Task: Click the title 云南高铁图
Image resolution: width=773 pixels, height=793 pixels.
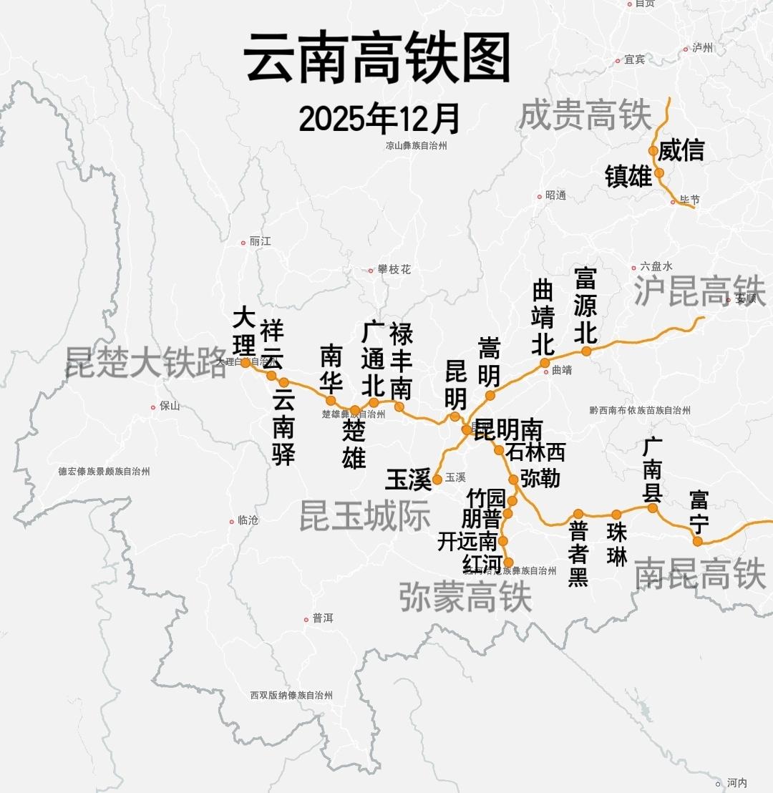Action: tap(377, 59)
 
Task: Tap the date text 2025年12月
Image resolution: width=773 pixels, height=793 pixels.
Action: tap(379, 118)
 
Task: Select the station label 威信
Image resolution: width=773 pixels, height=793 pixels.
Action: tap(681, 150)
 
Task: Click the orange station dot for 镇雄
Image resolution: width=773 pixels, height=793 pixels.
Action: tap(659, 172)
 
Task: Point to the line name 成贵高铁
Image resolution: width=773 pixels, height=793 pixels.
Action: tap(585, 115)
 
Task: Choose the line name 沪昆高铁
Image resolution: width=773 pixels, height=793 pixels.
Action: tap(699, 291)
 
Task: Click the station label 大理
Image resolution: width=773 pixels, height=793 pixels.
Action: tap(244, 331)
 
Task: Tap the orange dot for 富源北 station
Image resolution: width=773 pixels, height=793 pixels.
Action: tap(586, 351)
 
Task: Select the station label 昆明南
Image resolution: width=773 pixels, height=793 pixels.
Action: tap(509, 429)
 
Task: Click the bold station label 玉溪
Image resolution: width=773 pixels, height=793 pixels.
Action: tap(408, 479)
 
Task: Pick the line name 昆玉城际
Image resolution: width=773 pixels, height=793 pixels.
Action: tap(364, 516)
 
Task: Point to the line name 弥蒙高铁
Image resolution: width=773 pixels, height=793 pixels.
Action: tap(465, 597)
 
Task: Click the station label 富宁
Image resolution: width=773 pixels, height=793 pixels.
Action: tap(699, 511)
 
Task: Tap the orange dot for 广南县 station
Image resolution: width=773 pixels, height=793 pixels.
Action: tap(652, 508)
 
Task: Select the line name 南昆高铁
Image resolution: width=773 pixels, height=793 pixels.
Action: tap(700, 574)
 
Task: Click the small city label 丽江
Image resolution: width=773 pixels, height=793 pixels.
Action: tap(260, 242)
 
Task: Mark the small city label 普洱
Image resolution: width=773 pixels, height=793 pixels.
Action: tap(322, 618)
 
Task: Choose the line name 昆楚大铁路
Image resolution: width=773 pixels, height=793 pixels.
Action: tap(146, 362)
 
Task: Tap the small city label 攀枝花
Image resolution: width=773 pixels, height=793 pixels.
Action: tap(394, 270)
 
